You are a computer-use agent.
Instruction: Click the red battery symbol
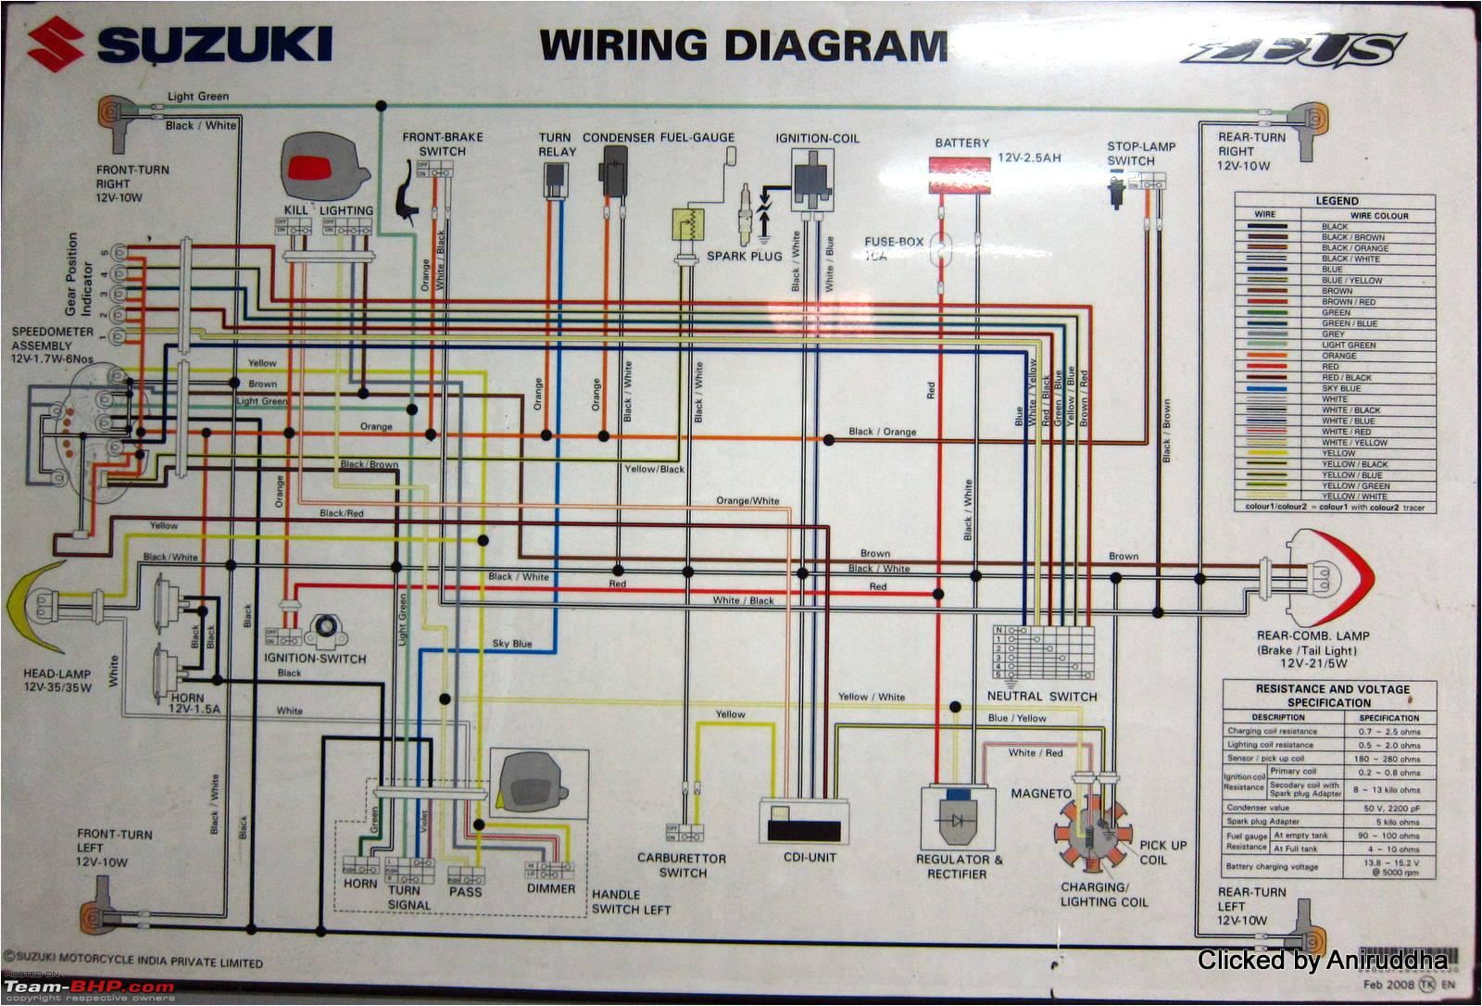960,175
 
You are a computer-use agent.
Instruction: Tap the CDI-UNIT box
804,821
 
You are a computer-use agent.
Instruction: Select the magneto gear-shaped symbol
1093,830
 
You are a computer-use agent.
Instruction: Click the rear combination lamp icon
1329,579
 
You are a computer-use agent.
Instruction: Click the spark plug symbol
744,213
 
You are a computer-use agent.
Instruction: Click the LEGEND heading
1337,200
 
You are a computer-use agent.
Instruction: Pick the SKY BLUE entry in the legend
1341,388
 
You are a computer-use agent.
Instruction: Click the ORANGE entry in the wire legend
1338,356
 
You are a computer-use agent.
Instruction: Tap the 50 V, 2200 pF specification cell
1388,808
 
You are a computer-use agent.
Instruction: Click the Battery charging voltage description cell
1272,867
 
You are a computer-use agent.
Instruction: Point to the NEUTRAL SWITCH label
1041,697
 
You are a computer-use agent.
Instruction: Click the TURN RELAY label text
557,145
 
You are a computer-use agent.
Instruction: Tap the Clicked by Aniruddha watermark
1322,961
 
